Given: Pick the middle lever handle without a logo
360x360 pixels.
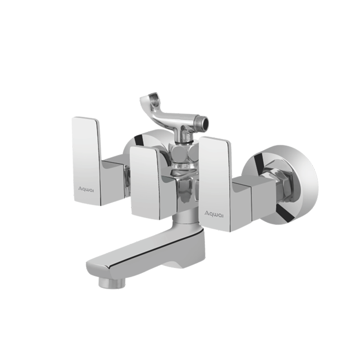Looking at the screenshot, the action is (x=145, y=183).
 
